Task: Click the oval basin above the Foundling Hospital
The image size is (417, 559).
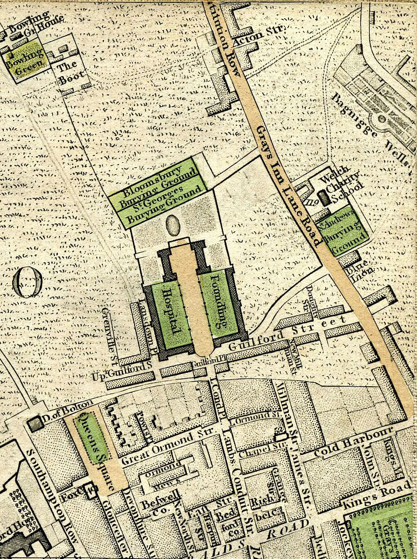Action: [x=173, y=226]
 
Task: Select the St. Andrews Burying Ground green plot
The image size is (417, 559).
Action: [x=341, y=233]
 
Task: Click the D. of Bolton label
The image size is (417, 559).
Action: [x=62, y=411]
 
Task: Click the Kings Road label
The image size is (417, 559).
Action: [x=362, y=494]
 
